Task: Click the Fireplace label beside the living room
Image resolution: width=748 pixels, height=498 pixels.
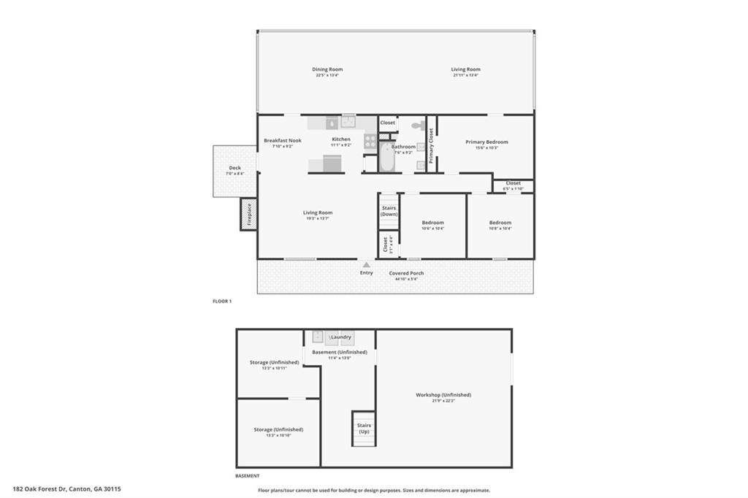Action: point(248,215)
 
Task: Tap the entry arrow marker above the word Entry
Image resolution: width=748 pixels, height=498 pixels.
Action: point(366,265)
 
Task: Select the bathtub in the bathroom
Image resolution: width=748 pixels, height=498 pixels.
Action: point(386,157)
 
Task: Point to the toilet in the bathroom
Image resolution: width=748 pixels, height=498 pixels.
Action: point(417,125)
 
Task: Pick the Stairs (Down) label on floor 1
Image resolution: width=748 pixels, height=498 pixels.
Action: point(389,211)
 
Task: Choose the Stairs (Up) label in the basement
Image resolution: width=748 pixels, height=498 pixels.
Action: point(364,428)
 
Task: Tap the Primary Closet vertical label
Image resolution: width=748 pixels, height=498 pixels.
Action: point(431,145)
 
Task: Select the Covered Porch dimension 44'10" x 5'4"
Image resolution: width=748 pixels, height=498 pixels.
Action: point(406,279)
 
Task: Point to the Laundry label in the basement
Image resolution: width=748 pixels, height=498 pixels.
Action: point(341,337)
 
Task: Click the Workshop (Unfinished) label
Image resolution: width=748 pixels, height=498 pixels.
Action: point(443,395)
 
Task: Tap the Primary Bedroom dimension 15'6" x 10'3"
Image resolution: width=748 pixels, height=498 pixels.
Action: point(486,148)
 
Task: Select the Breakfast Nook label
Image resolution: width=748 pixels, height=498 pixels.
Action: point(283,140)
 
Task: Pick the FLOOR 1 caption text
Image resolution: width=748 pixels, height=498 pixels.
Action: point(221,301)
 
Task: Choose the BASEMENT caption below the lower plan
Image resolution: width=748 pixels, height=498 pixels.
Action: point(248,476)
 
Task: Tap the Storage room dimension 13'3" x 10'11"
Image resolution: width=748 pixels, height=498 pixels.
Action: point(275,368)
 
